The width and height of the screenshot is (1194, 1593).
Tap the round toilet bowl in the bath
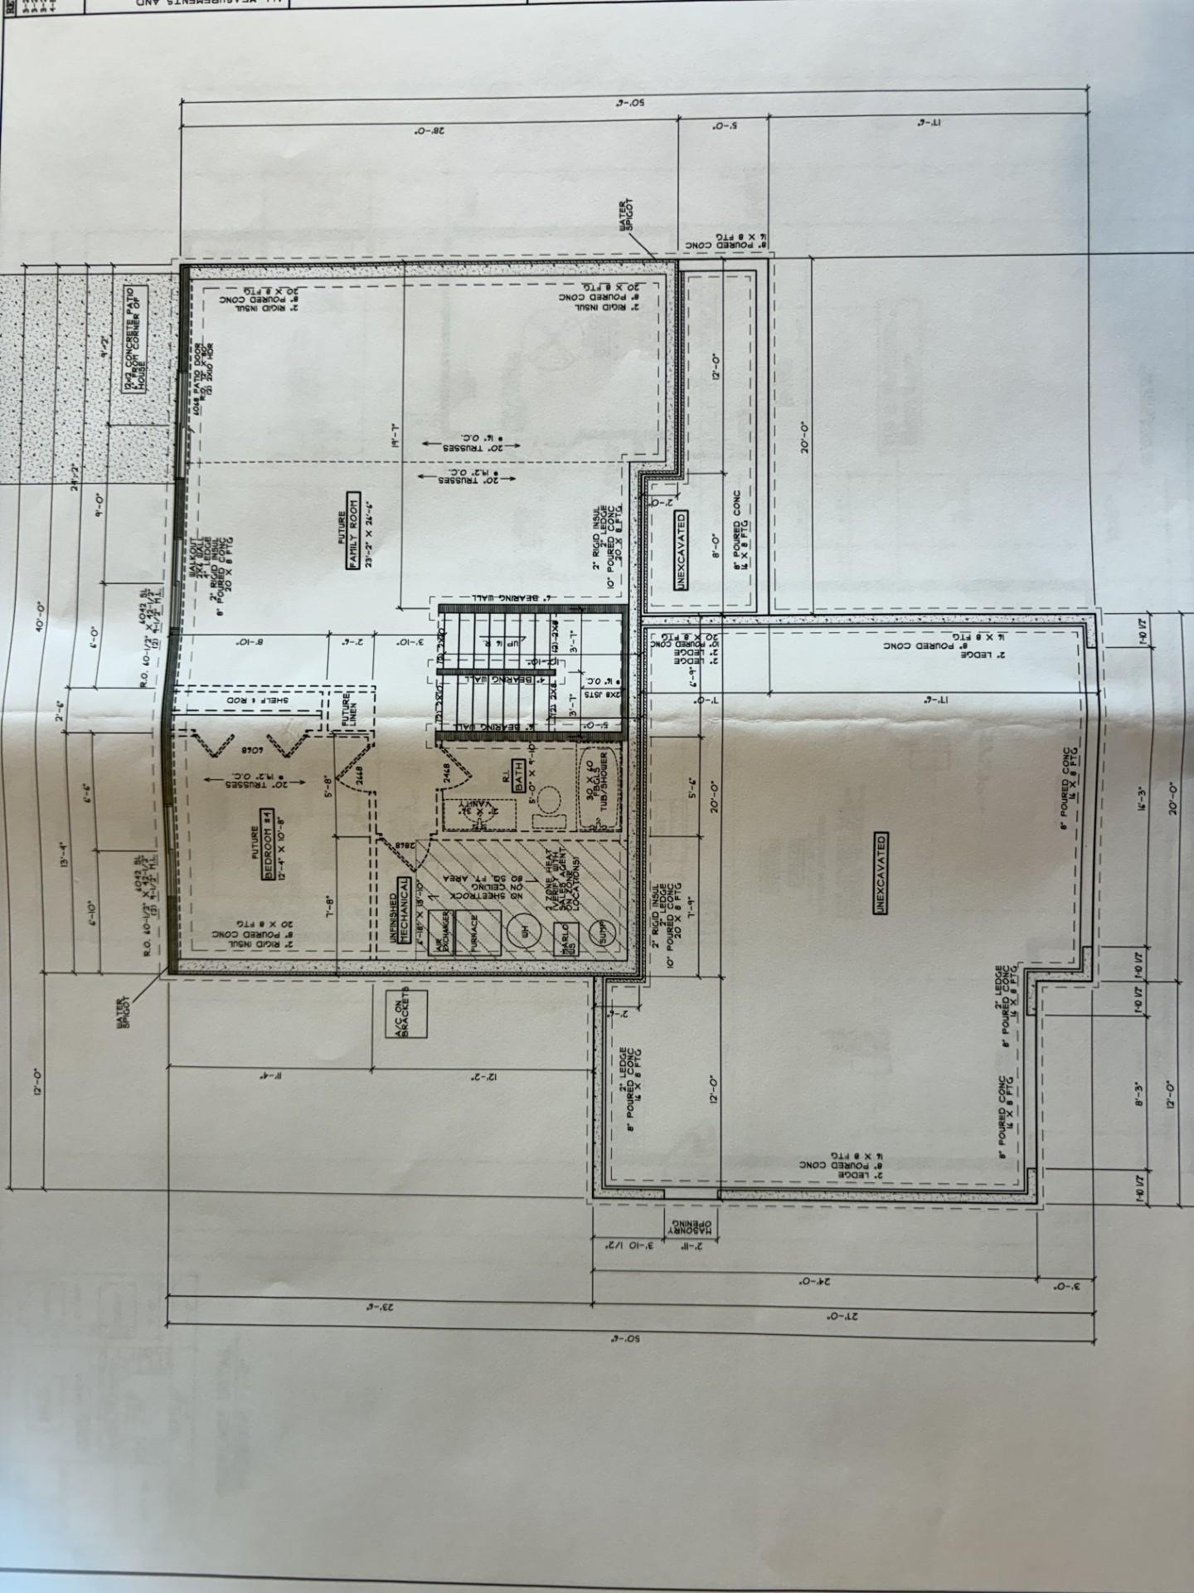[x=546, y=802]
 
